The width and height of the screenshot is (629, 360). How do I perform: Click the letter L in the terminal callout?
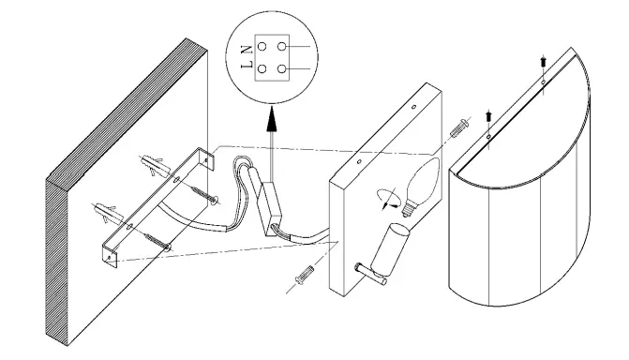point(246,67)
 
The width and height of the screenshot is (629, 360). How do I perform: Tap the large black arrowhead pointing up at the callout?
point(272,118)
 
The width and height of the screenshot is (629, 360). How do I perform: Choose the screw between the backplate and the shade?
point(458,128)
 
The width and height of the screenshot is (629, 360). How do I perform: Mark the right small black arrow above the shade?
point(543,63)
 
